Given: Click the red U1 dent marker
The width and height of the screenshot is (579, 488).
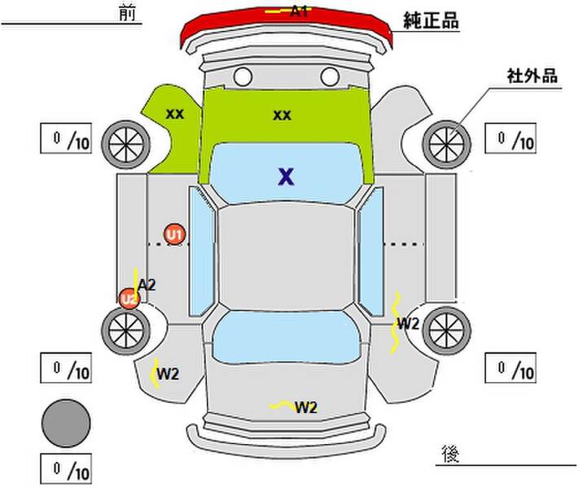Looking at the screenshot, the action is (x=174, y=234).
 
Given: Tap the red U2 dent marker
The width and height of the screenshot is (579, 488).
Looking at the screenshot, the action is (x=129, y=298).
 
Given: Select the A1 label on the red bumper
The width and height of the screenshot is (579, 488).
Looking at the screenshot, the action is (x=299, y=11).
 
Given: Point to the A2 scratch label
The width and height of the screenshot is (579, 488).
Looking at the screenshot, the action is (x=147, y=285).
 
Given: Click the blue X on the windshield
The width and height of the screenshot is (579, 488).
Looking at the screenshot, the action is (x=286, y=176).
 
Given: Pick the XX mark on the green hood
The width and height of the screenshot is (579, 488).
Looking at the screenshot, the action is (x=282, y=115).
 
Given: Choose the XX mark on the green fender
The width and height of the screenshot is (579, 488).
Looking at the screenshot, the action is (x=174, y=114).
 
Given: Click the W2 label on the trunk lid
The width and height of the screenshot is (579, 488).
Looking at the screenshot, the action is (x=306, y=407).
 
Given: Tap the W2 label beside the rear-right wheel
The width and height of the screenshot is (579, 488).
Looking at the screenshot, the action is (x=408, y=324).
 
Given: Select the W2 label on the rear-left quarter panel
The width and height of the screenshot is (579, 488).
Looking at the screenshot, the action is (x=168, y=374).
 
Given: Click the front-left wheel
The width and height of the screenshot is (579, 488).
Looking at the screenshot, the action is (x=126, y=145).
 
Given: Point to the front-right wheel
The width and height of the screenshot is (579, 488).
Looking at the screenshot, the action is (x=446, y=145).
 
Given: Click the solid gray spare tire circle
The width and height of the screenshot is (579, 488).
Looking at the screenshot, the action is (x=66, y=424).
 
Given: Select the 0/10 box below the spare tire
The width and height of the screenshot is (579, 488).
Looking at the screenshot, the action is (x=66, y=468).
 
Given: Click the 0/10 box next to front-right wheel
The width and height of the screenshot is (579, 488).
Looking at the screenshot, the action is (x=511, y=138).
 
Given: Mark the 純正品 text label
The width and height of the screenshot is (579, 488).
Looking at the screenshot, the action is (x=431, y=20).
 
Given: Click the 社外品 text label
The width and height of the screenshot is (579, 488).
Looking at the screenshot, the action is (x=532, y=76).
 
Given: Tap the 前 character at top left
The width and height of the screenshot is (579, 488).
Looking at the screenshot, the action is (x=127, y=13).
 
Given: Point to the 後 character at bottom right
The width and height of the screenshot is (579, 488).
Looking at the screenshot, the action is (x=450, y=454).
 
